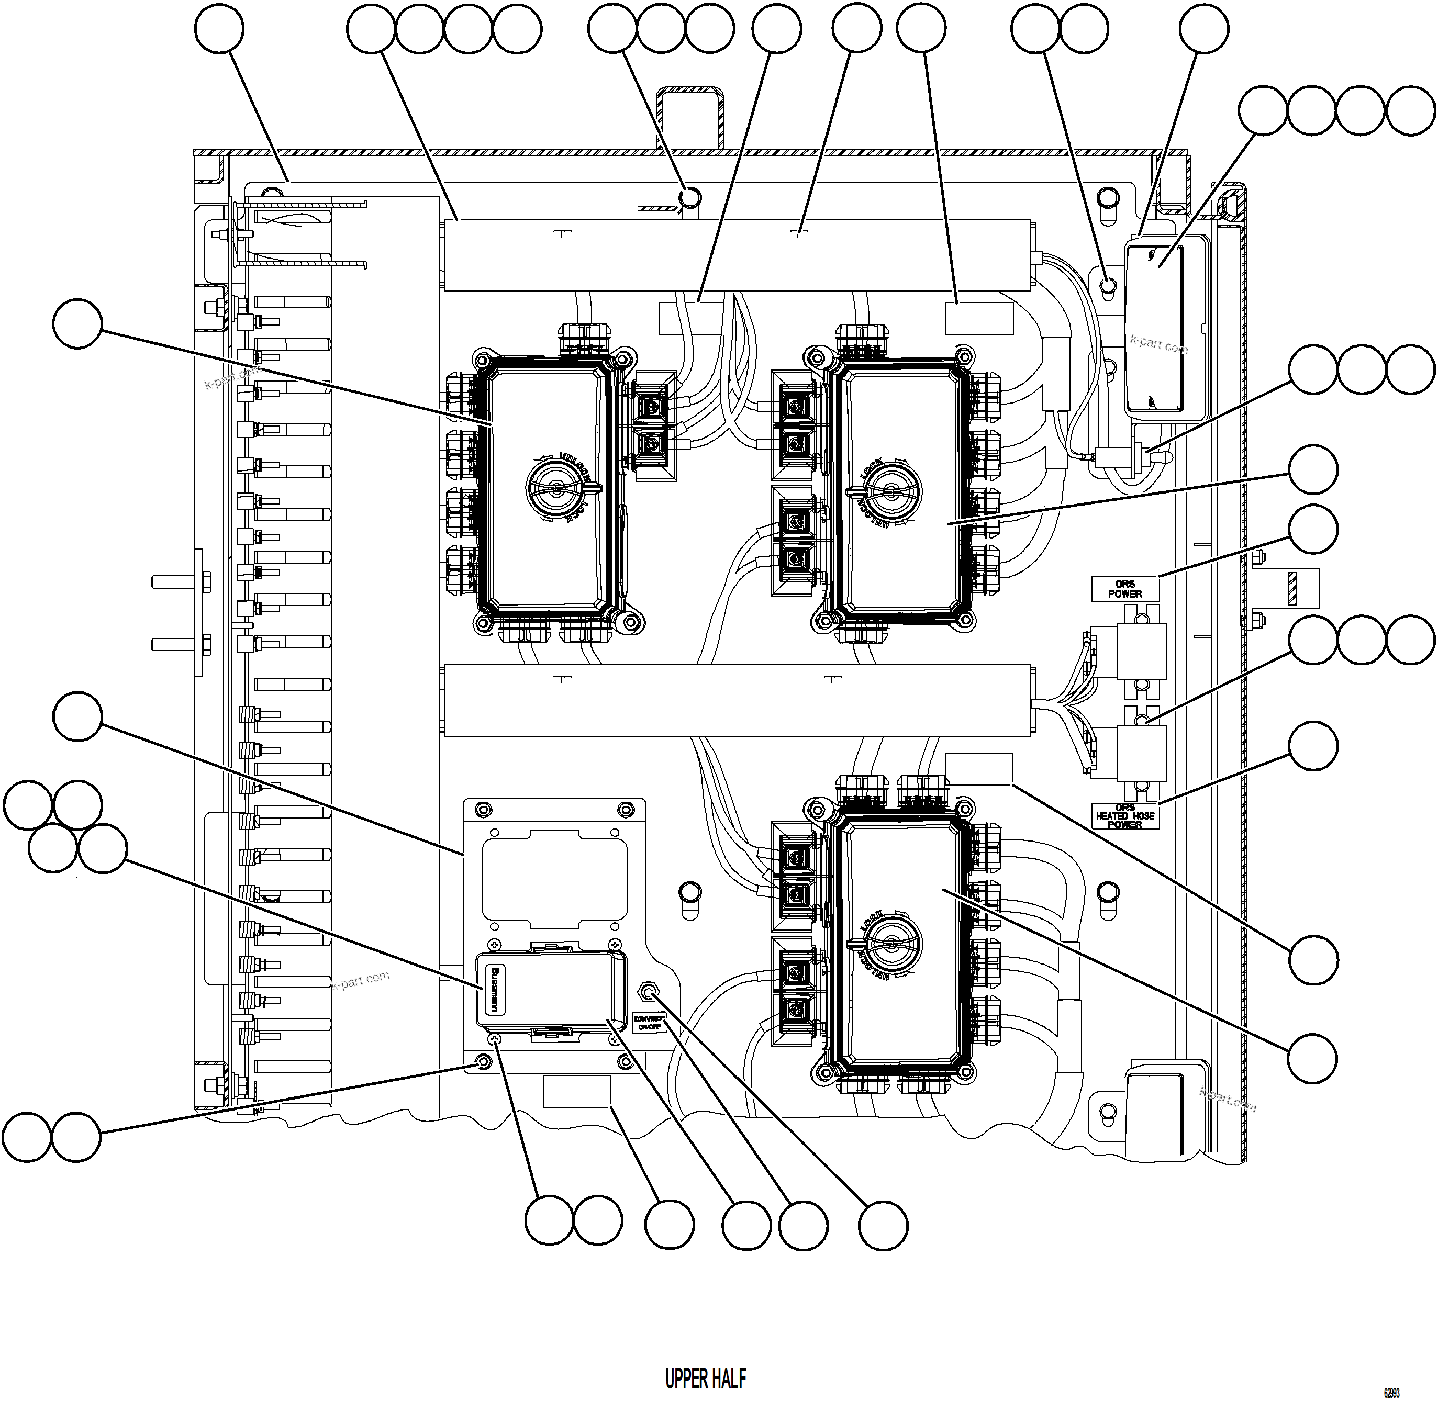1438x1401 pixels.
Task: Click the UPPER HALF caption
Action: [705, 1378]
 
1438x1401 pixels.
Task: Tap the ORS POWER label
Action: [1124, 589]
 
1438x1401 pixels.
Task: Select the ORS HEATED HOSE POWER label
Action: [1124, 816]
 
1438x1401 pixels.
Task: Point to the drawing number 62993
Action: [1391, 1393]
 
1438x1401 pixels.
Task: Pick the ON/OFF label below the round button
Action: [649, 1022]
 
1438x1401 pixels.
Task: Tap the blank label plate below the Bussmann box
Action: [577, 1091]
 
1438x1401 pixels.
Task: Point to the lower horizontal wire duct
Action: [736, 700]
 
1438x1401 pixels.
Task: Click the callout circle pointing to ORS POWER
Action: [1313, 530]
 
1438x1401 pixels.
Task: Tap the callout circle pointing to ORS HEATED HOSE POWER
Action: [1313, 746]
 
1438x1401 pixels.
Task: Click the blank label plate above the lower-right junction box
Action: [979, 768]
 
